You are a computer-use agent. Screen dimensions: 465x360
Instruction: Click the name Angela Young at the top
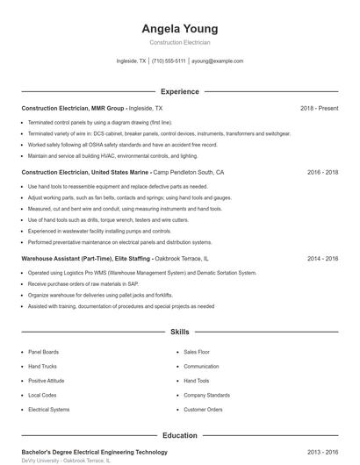point(180,28)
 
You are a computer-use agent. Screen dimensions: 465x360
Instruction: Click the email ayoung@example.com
point(217,61)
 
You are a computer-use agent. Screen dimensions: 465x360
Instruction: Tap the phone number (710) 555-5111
point(169,61)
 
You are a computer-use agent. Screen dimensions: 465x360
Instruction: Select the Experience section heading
point(180,91)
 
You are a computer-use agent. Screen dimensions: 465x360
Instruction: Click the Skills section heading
point(180,333)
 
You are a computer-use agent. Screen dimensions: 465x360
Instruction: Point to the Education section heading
point(180,435)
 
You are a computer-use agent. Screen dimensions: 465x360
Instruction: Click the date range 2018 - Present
point(319,108)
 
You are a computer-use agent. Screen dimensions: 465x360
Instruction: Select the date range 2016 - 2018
point(322,173)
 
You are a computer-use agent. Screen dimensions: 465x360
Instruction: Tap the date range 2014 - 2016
point(322,259)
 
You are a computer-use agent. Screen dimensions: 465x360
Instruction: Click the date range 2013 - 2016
point(322,452)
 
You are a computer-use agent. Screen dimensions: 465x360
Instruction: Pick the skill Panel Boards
point(43,352)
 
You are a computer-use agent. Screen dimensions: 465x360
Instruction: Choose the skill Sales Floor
point(198,352)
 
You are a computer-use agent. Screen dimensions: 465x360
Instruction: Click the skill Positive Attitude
point(47,381)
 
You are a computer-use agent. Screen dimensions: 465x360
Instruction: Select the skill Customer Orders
point(203,410)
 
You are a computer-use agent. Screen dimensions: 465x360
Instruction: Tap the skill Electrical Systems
point(48,410)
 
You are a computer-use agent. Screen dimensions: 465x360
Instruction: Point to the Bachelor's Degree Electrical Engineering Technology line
point(94,452)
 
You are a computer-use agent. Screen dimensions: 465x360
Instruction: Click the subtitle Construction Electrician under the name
point(180,42)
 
